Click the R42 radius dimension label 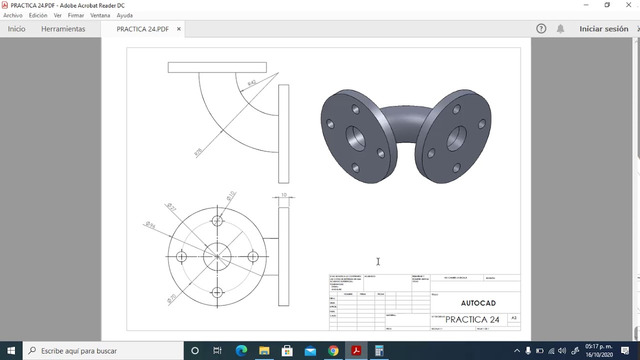(251, 83)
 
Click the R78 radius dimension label (198, 152)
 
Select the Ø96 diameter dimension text (150, 225)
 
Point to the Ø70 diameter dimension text (171, 298)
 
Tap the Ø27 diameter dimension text (170, 206)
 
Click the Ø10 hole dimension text (230, 195)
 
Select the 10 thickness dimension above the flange (283, 195)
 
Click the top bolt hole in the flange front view (217, 221)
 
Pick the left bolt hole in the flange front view (181, 256)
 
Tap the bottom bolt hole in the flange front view (217, 292)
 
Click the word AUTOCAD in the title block (478, 303)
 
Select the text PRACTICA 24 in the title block (472, 319)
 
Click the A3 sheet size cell (513, 318)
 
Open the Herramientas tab (63, 29)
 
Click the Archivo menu (13, 15)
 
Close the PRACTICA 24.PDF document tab (178, 29)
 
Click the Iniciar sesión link (603, 29)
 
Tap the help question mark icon (541, 29)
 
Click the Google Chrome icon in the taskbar (333, 351)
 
